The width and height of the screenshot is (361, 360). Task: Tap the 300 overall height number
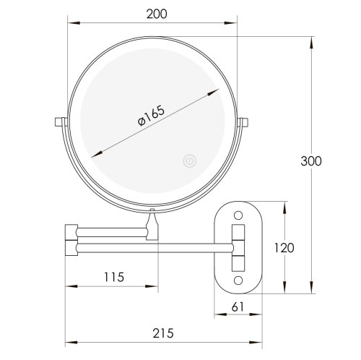tap(311, 160)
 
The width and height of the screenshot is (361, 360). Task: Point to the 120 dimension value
tap(284, 248)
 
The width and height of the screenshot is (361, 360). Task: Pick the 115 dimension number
tap(113, 276)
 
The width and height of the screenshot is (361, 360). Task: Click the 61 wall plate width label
tap(238, 307)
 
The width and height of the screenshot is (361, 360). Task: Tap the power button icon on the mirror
tap(189, 160)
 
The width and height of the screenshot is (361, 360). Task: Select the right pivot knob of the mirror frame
tap(245, 124)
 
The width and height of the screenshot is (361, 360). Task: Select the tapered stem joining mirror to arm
tap(152, 224)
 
